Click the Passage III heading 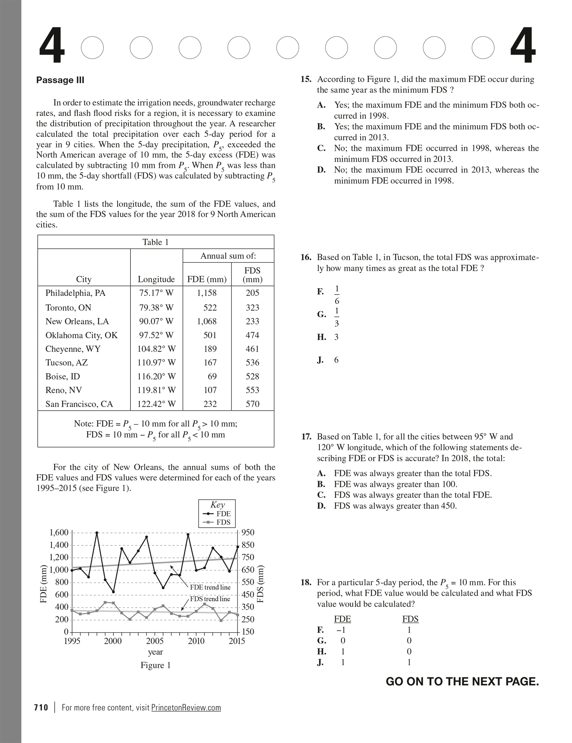coord(60,80)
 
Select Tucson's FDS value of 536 coord(252,363)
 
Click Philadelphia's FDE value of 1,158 coord(206,293)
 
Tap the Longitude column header coord(156,279)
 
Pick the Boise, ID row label coord(63,377)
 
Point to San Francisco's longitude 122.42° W coord(156,404)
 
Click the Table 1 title coord(156,242)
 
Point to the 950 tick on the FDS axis coord(248,533)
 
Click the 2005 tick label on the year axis coord(155,641)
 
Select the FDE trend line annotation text coord(210,587)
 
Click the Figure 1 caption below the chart coord(156,665)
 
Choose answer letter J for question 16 coord(320,360)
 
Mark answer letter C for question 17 coord(321,495)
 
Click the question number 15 coord(306,80)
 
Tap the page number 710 coord(41,707)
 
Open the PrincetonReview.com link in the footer coord(186,708)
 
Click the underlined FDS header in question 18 coord(410,619)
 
